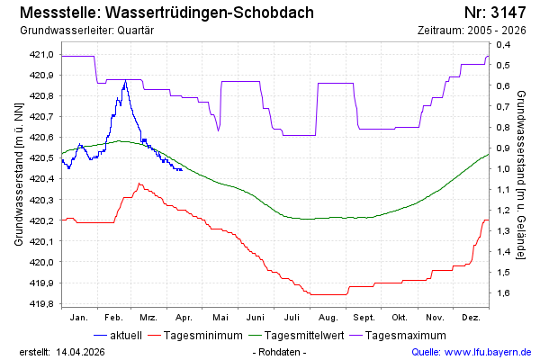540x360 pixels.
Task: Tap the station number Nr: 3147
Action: (x=498, y=13)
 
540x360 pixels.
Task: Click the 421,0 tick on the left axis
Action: (x=42, y=55)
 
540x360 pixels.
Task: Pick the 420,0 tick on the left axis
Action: (x=42, y=262)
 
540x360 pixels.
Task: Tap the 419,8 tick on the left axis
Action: (x=42, y=303)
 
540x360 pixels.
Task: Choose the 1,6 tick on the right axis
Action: (x=502, y=292)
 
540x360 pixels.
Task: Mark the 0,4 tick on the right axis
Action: (x=502, y=45)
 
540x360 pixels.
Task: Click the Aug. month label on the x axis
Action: (x=328, y=318)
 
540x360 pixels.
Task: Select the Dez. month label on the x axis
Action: (x=470, y=318)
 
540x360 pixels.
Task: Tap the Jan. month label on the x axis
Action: (x=79, y=318)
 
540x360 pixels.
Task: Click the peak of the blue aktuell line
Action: (x=125, y=80)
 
